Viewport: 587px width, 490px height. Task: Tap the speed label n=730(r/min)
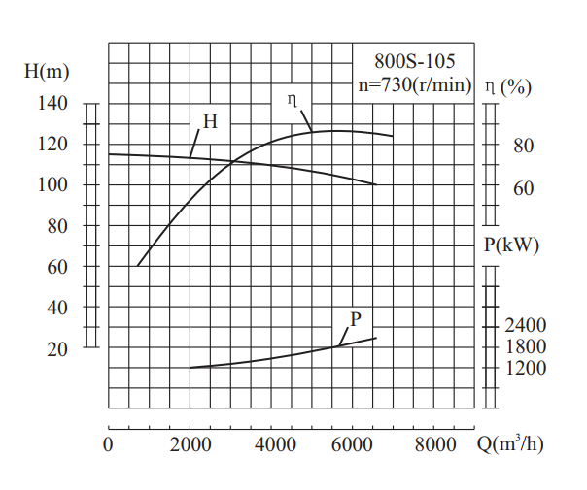pos(415,84)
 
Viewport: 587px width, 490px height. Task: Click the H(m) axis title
pos(47,71)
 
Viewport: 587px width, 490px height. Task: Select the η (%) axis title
pos(508,87)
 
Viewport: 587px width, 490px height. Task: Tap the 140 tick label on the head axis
pos(52,104)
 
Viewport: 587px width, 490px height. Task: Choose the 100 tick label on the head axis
pos(52,185)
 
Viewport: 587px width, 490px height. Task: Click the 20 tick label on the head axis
pos(57,348)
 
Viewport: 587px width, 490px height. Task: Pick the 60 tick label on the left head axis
pos(57,267)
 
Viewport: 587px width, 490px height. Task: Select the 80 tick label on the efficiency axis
pos(523,147)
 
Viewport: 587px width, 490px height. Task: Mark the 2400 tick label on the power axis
pos(527,326)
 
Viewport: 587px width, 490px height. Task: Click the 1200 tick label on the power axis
pos(527,368)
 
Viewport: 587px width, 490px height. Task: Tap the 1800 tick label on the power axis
pos(527,347)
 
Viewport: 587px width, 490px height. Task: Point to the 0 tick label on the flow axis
pos(109,446)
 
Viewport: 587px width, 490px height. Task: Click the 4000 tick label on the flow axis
pos(275,446)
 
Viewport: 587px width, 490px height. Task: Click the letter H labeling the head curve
pos(210,121)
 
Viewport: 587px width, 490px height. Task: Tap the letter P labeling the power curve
pos(356,318)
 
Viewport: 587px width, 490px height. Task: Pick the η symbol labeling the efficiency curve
pos(293,99)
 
